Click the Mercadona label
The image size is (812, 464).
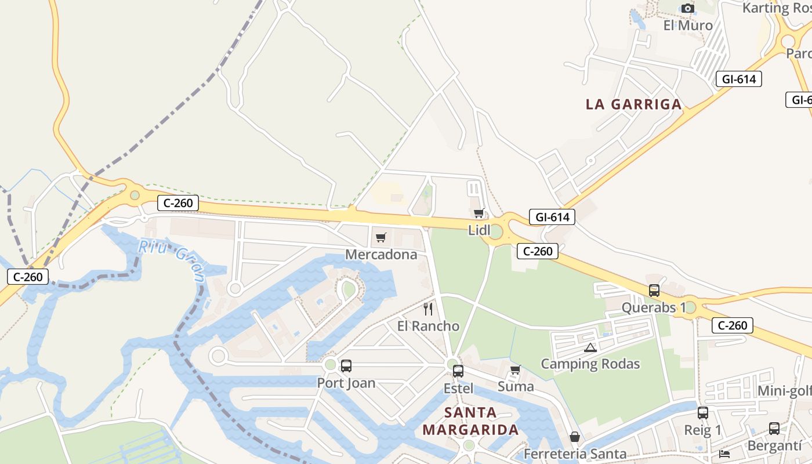[381, 255]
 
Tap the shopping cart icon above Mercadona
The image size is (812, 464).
[381, 237]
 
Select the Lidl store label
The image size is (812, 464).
[480, 230]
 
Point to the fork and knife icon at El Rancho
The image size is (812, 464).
[428, 309]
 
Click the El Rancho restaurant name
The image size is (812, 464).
[428, 326]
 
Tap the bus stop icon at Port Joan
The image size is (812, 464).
[346, 366]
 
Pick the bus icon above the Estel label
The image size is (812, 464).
[458, 371]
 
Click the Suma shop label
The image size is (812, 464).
[516, 386]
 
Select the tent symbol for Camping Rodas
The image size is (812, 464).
[590, 348]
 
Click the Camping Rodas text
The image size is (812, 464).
[590, 364]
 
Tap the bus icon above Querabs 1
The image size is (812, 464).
[654, 291]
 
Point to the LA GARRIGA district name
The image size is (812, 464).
[633, 104]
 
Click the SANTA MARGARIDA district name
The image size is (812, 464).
[470, 422]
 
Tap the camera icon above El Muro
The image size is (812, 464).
[688, 9]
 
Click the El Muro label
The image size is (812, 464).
[688, 26]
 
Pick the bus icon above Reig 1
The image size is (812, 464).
[703, 413]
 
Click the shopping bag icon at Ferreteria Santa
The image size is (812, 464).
[575, 437]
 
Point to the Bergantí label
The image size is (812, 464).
[774, 446]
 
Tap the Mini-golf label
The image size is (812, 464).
[784, 391]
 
